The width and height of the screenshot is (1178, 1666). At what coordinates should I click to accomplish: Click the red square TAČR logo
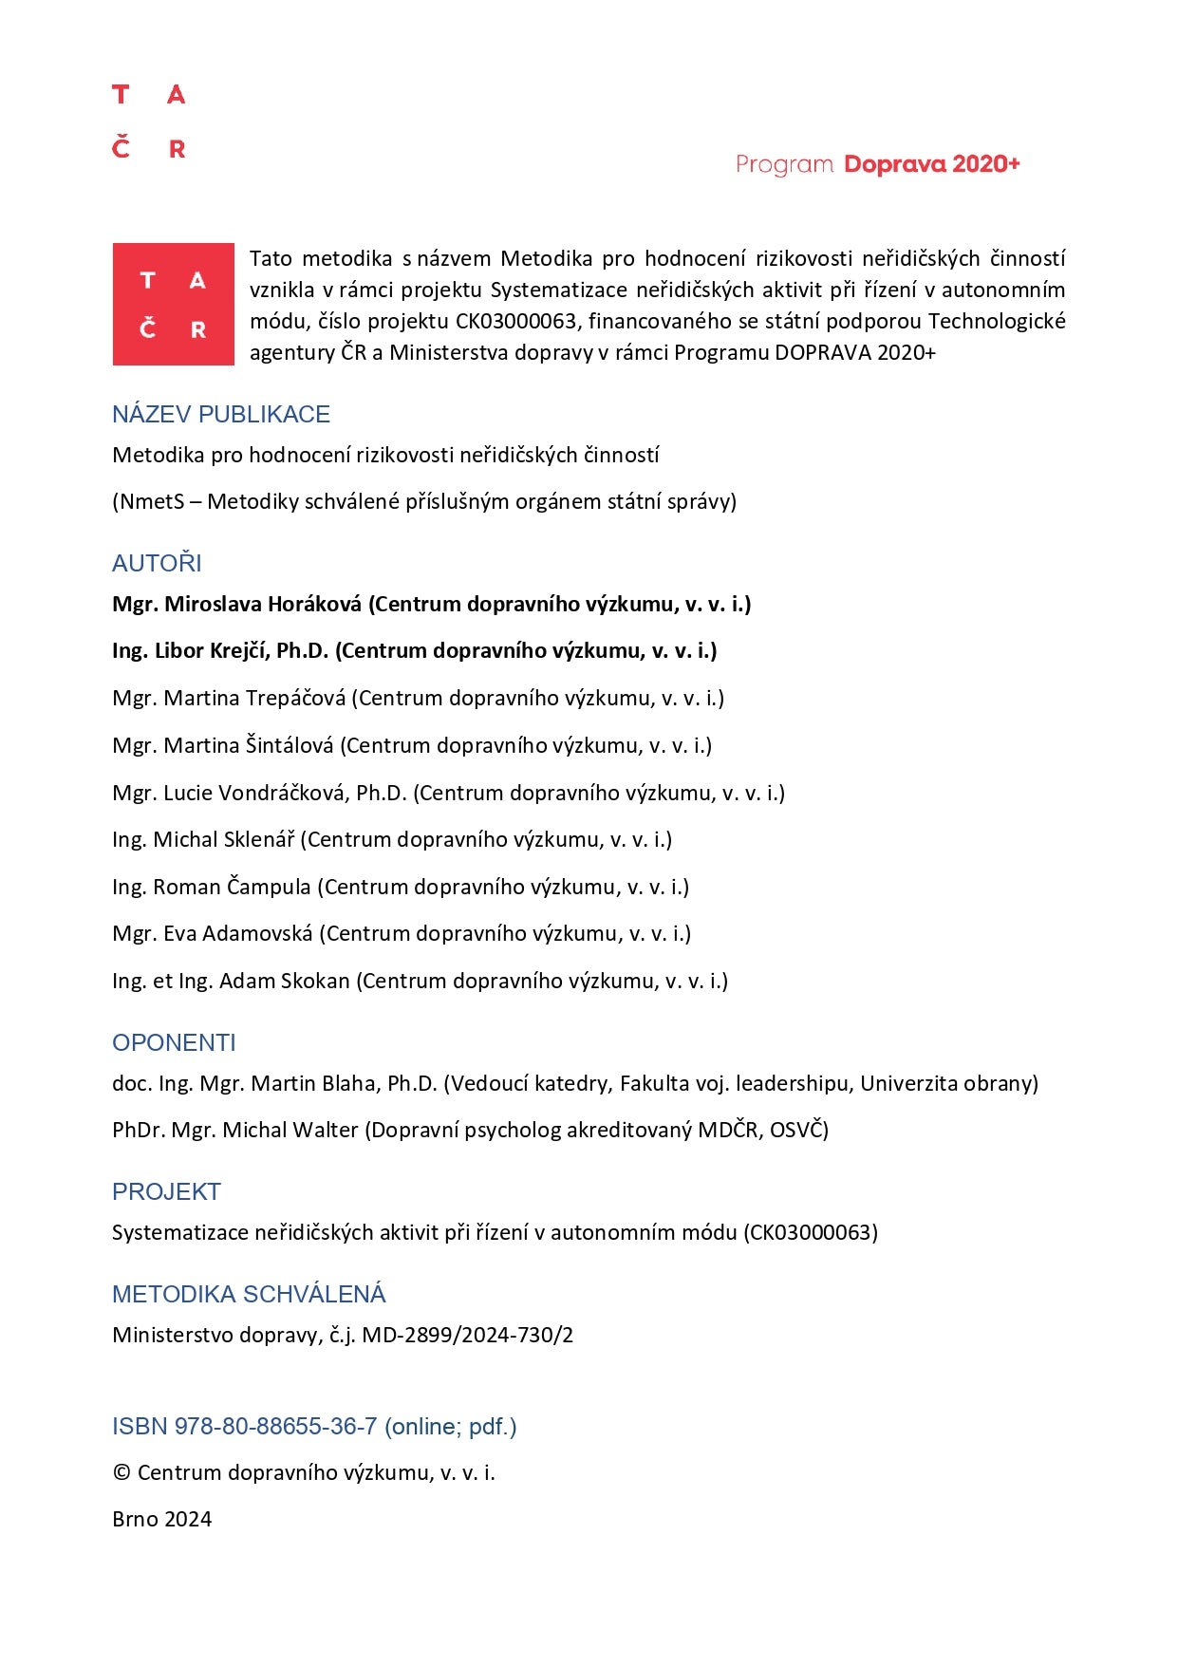(x=173, y=304)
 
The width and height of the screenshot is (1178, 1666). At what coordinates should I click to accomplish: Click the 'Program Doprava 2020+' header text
(x=877, y=164)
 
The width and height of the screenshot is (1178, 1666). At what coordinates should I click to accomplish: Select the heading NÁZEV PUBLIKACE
(x=221, y=415)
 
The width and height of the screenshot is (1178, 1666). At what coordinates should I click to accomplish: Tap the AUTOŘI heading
(x=157, y=563)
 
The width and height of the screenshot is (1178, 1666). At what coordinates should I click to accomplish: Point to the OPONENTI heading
(x=174, y=1042)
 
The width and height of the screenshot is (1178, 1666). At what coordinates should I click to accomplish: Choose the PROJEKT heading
(x=166, y=1191)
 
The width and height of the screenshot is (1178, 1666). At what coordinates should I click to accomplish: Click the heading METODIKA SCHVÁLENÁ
(x=249, y=1294)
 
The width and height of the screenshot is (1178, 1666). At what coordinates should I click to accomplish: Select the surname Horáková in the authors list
(x=317, y=604)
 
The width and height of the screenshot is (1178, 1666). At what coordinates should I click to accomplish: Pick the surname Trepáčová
(x=295, y=698)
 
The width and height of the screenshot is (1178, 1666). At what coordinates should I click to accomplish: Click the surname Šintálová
(x=290, y=745)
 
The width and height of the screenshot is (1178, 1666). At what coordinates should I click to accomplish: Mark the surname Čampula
(x=269, y=887)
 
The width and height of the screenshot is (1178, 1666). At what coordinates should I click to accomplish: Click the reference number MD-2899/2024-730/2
(x=468, y=1335)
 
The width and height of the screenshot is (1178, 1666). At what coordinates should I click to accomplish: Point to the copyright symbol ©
(x=122, y=1472)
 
